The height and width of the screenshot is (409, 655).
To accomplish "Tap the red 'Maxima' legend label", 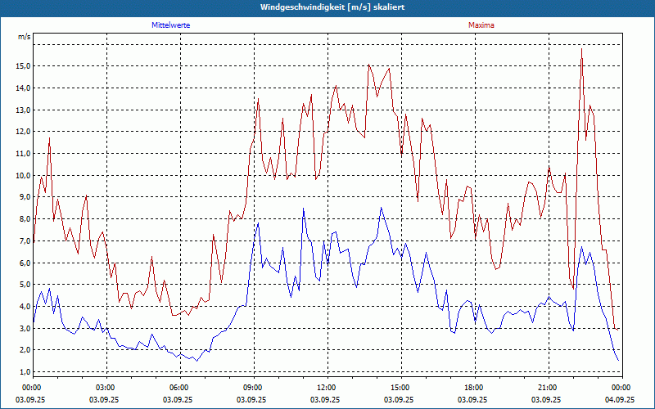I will [x=481, y=25].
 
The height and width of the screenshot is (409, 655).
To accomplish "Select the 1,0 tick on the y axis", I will [x=25, y=372].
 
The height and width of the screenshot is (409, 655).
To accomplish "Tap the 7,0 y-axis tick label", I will [x=25, y=241].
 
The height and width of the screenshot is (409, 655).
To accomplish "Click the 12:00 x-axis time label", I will [x=326, y=388].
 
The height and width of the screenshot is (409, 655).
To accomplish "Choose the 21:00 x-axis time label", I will [x=547, y=388].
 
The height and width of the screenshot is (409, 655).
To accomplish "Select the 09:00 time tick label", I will [x=252, y=388].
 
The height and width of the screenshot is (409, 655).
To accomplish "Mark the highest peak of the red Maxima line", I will [x=581, y=49].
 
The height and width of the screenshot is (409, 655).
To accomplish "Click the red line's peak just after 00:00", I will [x=49, y=137].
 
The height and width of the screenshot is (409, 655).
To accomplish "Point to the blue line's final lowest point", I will [x=618, y=361].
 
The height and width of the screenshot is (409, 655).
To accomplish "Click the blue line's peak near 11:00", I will [x=303, y=208].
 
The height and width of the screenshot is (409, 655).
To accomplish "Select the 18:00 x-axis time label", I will [x=473, y=388].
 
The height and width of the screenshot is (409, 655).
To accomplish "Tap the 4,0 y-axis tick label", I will [x=25, y=307].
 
